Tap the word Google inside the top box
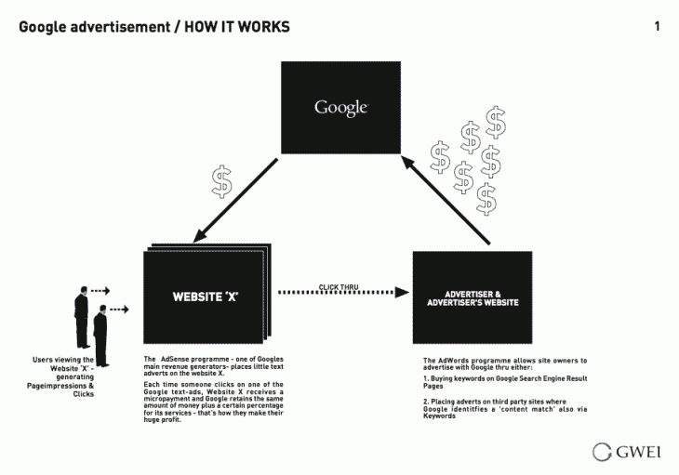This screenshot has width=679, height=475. pos(340,107)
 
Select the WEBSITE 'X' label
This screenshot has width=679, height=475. pos(206,298)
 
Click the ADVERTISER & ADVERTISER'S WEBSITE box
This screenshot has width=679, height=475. pos(473,298)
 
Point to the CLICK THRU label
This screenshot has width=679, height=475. pos(338,288)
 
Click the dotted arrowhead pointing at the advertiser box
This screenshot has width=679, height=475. pos(402,293)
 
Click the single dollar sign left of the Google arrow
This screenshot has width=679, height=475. pos(221,181)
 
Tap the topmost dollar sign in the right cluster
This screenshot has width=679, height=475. pos(497,120)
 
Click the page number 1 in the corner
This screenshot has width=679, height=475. pos(658,26)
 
